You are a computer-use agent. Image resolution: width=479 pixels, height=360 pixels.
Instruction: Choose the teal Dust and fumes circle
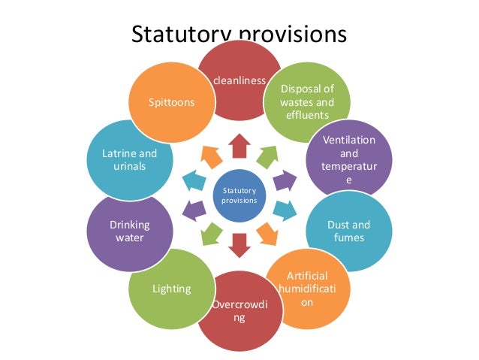(x=348, y=230)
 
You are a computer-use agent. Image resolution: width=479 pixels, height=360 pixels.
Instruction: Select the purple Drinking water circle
(x=130, y=231)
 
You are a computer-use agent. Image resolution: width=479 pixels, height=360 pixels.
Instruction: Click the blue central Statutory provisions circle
(x=239, y=196)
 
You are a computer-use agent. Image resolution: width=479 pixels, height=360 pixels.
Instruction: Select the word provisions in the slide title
(x=294, y=37)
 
